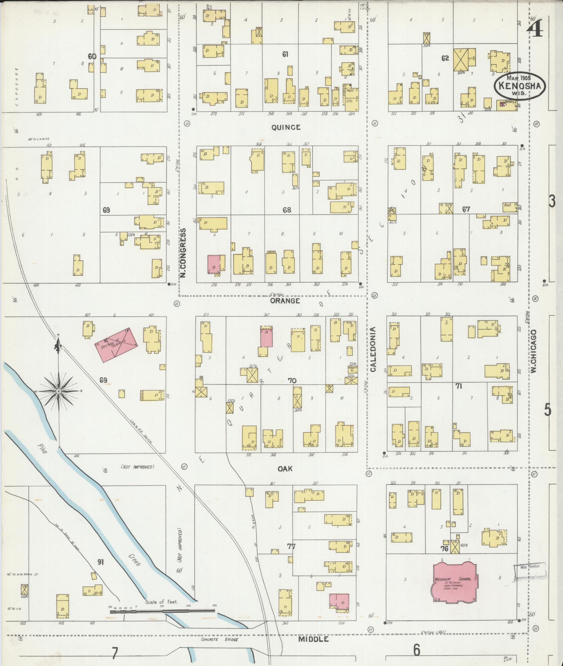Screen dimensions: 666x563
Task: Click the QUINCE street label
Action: pyautogui.click(x=286, y=127)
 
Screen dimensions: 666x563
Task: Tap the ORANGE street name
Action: pyautogui.click(x=285, y=301)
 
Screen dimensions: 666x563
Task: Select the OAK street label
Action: pyautogui.click(x=285, y=469)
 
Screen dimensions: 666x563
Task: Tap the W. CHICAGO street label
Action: pyautogui.click(x=533, y=352)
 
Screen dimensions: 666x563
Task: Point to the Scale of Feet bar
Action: pyautogui.click(x=162, y=611)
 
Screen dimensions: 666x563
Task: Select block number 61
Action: pyautogui.click(x=286, y=54)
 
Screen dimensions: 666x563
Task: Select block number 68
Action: pyautogui.click(x=287, y=210)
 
